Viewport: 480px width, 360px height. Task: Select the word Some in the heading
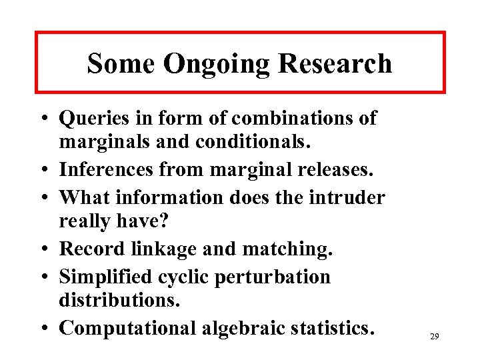(x=122, y=63)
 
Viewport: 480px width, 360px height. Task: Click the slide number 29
(x=434, y=337)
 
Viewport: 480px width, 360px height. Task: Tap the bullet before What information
(x=49, y=199)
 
